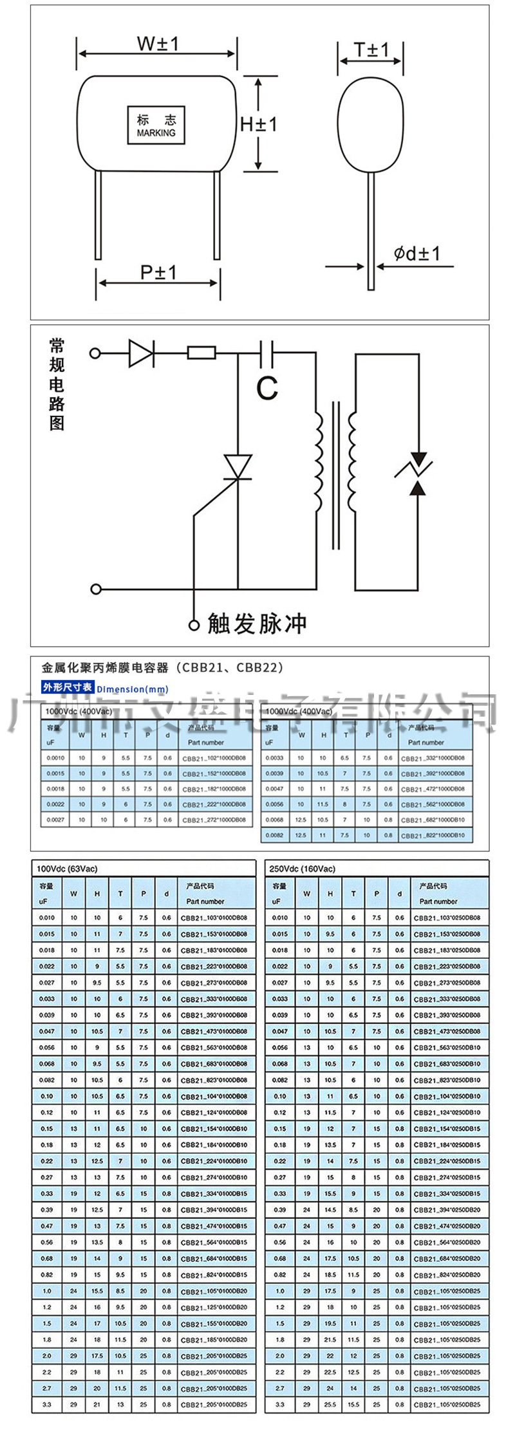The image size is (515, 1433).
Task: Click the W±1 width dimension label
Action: (157, 44)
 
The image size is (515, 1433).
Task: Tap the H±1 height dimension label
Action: (259, 124)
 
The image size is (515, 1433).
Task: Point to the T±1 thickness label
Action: (371, 50)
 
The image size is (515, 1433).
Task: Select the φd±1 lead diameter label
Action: (417, 254)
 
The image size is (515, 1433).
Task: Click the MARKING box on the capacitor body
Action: (156, 125)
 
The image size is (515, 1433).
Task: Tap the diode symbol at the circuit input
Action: (141, 353)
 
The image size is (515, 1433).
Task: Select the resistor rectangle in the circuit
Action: (201, 353)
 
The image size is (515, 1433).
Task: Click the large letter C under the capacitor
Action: (267, 388)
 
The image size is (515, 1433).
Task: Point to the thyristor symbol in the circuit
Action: (238, 468)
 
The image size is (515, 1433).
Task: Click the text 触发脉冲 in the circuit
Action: (257, 624)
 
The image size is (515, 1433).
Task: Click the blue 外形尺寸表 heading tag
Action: (68, 687)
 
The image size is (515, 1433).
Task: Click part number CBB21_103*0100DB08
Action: (214, 918)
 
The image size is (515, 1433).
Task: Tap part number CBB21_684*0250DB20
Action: (447, 1259)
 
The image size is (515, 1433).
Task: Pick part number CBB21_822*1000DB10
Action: (433, 835)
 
